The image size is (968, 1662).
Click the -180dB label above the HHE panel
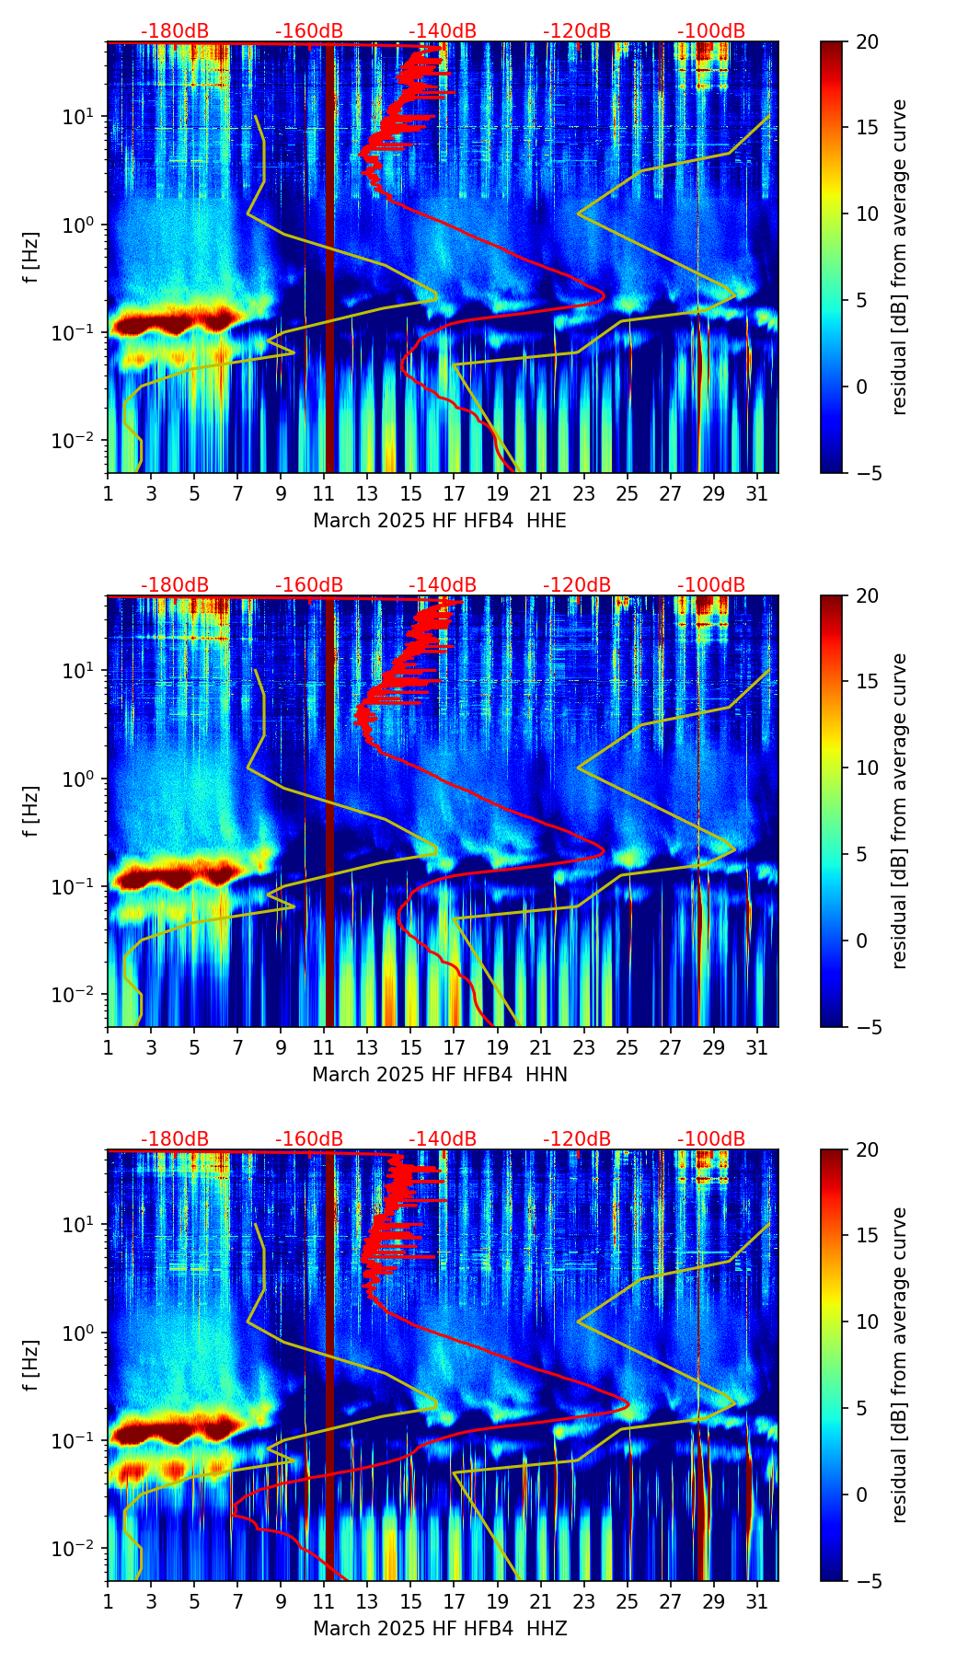[x=175, y=31]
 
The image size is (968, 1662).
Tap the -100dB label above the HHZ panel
[x=711, y=1139]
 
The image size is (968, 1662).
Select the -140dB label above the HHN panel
[x=443, y=585]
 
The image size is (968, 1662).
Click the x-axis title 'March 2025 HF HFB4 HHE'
[x=440, y=521]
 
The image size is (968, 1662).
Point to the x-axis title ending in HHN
[x=440, y=1075]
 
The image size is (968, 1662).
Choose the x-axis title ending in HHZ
[x=440, y=1629]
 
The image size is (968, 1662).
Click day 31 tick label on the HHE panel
[x=757, y=493]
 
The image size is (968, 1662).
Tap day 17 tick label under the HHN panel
[x=455, y=1047]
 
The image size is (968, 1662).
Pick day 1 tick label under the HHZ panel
[x=109, y=1601]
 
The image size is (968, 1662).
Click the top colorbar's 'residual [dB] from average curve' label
[x=900, y=257]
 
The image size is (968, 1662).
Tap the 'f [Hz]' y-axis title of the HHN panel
[x=31, y=811]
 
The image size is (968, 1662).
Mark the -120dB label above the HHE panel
[x=577, y=31]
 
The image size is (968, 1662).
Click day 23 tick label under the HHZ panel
[x=584, y=1601]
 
